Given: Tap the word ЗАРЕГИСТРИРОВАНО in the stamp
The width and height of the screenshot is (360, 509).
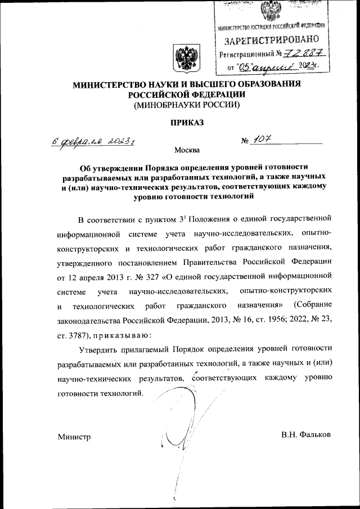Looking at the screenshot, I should pos(272,40).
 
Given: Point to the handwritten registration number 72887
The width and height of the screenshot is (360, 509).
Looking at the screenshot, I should pos(304,54).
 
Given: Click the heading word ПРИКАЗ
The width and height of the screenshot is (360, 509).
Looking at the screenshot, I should pos(187,121).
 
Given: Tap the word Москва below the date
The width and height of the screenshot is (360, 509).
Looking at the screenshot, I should pos(187,151).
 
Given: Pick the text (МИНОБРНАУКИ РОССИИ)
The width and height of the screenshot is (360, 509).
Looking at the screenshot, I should pos(187,105).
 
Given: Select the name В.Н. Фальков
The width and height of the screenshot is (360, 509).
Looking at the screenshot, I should pos(306,435).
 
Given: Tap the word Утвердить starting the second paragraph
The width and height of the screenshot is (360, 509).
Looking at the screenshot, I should pos(99,350).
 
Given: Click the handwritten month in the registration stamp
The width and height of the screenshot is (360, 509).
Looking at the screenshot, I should pos(273,67).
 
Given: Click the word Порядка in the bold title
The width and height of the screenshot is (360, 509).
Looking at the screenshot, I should pos(164,167).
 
